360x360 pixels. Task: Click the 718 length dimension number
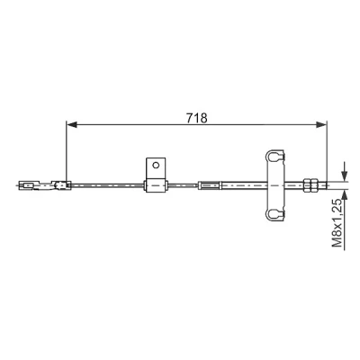197,118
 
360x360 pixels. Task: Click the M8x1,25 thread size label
337,222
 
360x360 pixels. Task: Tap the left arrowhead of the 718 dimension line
71,125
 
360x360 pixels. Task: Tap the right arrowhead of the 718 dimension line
321,125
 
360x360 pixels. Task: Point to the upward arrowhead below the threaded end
345,195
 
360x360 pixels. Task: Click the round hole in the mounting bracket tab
156,165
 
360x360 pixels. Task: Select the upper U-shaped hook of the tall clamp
274,157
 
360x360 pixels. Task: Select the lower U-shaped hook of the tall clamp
274,213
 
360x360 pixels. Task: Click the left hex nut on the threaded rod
308,185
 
